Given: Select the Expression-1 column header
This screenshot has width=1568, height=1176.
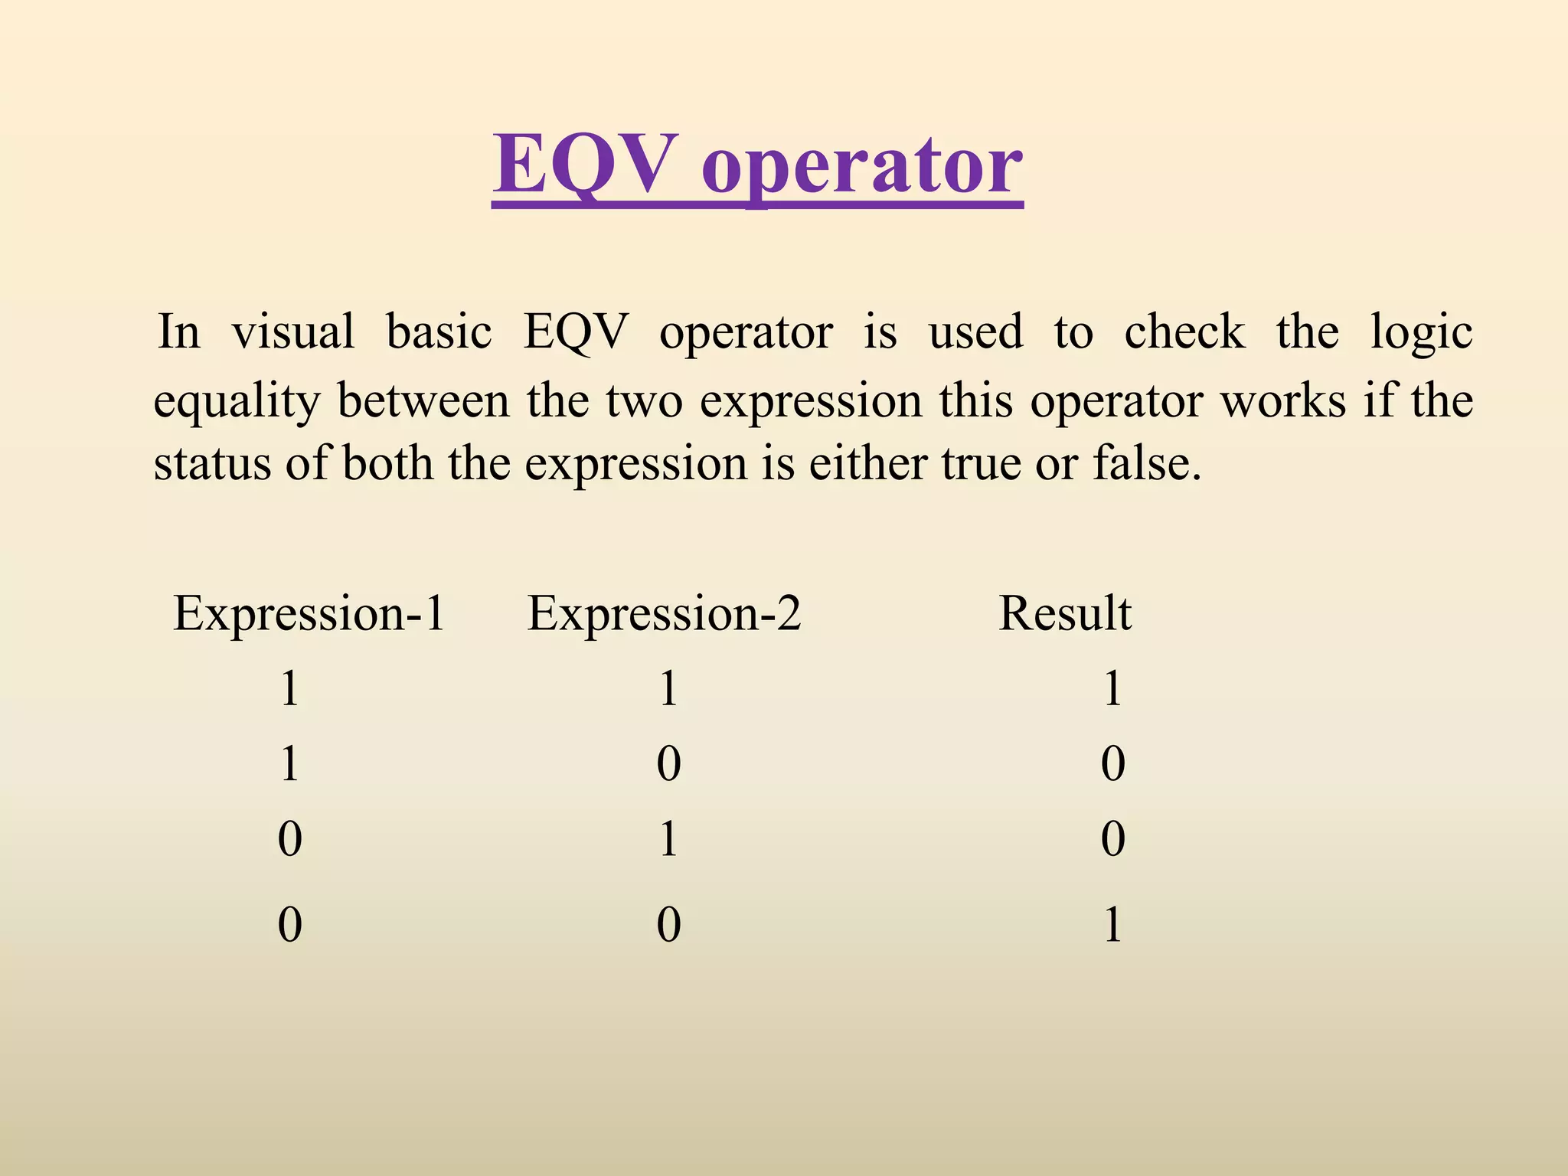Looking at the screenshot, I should [309, 613].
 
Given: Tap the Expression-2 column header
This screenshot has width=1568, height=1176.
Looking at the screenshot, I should [664, 613].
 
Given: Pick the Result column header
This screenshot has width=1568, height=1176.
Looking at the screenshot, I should [1065, 613].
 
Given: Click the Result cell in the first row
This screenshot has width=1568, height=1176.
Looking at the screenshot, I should [1112, 688].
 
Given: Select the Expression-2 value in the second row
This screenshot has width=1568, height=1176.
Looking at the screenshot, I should [668, 764].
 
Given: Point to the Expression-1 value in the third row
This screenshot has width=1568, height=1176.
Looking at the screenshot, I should [289, 838].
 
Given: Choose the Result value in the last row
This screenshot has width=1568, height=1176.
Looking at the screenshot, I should [1112, 924].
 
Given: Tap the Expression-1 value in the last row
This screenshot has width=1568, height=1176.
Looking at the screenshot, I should [289, 924].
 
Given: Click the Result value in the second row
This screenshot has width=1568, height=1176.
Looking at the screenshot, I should [1112, 764].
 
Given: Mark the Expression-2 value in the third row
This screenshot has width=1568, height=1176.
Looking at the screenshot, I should [668, 838].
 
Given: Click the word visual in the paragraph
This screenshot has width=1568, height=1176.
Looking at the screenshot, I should [293, 332].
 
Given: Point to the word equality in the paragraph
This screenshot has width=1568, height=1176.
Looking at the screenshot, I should [236, 401].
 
